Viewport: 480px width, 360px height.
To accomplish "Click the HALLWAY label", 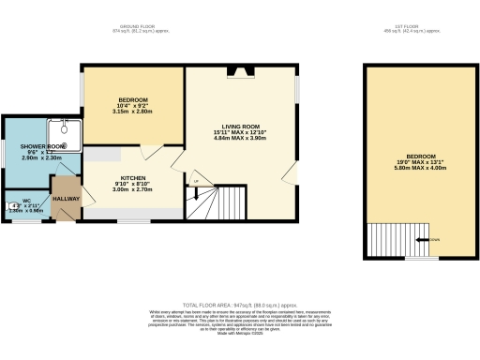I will [66, 200].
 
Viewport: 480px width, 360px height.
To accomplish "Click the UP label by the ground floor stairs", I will [197, 180].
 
